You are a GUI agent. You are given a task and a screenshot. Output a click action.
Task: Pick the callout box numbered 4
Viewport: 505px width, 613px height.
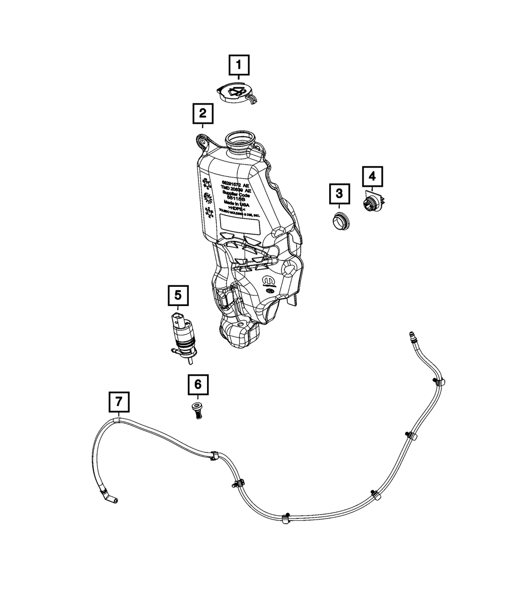tap(372, 176)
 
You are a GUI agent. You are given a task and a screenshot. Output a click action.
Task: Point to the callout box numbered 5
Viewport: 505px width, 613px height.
tap(178, 295)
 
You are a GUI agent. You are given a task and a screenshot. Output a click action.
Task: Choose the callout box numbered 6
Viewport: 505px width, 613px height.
tap(197, 385)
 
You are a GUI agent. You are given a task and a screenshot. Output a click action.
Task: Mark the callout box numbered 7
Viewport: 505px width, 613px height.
tap(119, 402)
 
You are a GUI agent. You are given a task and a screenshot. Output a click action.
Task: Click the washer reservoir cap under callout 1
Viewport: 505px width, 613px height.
tap(236, 94)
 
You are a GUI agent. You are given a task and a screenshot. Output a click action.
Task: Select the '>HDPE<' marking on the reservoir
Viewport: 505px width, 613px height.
tap(236, 208)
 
